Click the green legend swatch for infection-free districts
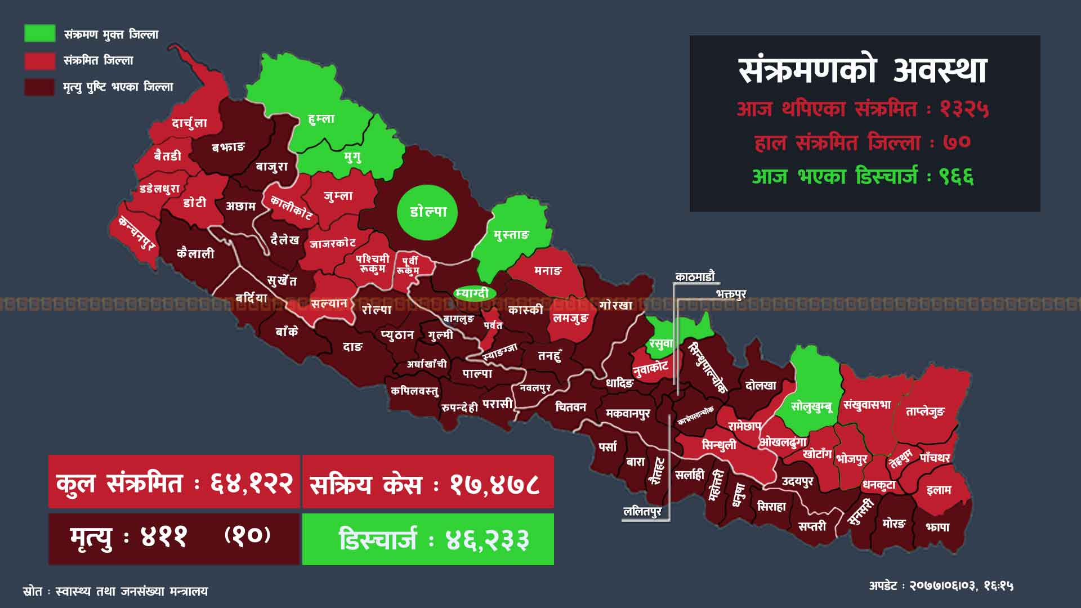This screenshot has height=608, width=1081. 39,34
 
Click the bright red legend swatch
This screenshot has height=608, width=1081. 39,60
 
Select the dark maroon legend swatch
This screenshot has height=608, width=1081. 39,87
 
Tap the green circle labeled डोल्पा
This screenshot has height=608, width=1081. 427,212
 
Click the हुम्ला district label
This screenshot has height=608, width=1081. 321,119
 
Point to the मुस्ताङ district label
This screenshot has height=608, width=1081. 511,234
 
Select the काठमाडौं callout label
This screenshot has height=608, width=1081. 695,276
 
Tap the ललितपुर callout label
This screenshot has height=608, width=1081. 642,511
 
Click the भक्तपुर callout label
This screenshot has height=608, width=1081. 731,294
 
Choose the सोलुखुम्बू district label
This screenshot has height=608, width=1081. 811,406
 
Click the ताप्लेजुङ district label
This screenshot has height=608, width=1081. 925,412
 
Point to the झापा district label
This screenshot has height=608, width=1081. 937,527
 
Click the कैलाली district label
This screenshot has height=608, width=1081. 195,253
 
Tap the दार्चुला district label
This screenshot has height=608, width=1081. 189,123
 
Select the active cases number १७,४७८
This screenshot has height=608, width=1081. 495,484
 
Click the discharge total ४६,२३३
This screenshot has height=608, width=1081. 487,540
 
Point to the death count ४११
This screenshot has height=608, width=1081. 163,537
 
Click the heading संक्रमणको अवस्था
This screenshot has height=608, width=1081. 863,70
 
